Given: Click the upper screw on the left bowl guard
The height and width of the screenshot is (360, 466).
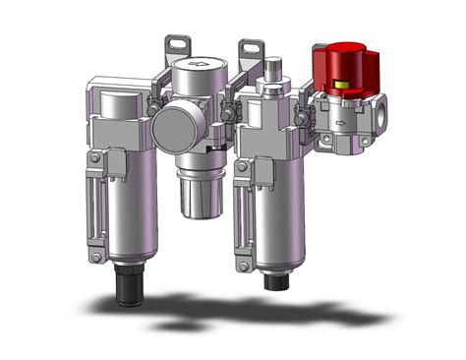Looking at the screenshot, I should (x=93, y=157).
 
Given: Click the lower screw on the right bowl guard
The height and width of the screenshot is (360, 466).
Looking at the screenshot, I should (x=241, y=261).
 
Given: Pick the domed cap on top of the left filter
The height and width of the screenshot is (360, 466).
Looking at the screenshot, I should (x=116, y=104).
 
